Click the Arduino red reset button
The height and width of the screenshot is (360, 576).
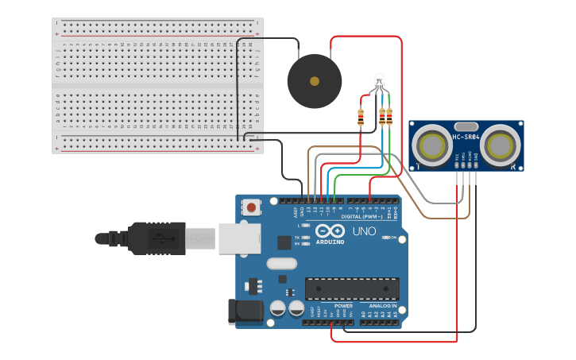[252, 207]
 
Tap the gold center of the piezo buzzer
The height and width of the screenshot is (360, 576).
[315, 81]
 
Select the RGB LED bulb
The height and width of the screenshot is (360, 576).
[379, 80]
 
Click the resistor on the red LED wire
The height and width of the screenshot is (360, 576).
[361, 118]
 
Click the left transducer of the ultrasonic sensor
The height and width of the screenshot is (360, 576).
[432, 145]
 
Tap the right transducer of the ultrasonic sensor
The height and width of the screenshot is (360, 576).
[500, 145]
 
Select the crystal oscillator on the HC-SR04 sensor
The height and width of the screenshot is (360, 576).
[466, 126]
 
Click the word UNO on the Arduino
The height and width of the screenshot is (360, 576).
[364, 231]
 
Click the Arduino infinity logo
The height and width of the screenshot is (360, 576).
[330, 231]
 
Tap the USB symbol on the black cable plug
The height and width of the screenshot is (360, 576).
[162, 238]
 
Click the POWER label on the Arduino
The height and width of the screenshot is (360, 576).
[342, 305]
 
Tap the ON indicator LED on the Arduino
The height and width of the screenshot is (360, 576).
[385, 238]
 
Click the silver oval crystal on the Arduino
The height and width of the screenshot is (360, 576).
[280, 263]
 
